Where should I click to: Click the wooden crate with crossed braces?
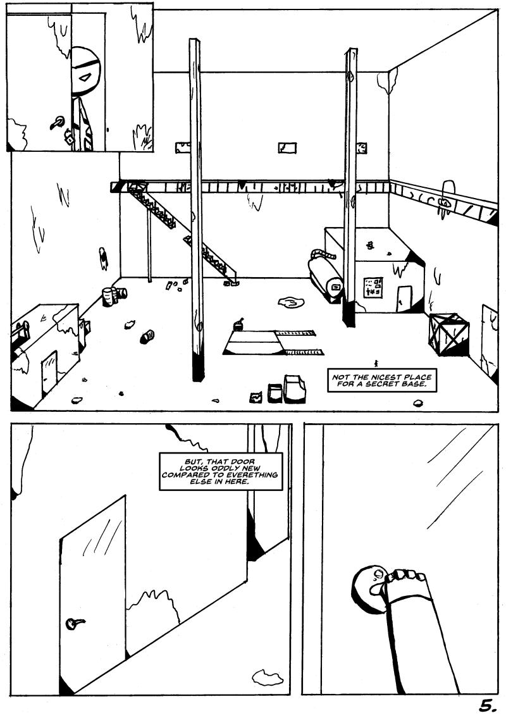point(449,334)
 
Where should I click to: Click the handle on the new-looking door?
point(74,624)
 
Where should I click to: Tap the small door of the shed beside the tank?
point(404,299)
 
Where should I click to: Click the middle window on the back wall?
point(287,147)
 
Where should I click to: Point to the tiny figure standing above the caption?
point(376,363)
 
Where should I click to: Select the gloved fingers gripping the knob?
point(405,576)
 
